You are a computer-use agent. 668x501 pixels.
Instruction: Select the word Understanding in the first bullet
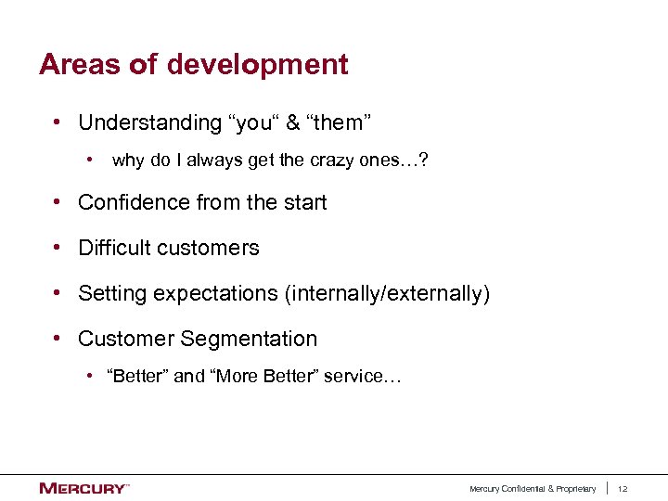tap(149, 122)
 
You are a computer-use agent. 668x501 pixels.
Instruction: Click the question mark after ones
tap(423, 161)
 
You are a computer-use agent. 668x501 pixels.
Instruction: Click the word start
tap(304, 202)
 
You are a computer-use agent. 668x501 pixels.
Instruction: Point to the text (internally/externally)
tap(387, 294)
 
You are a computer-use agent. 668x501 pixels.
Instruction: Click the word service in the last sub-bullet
tap(353, 377)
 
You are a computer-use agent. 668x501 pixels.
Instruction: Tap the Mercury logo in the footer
tap(83, 488)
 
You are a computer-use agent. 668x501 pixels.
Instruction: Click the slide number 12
tap(623, 489)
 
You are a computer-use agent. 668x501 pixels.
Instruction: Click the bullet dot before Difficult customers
tap(58, 248)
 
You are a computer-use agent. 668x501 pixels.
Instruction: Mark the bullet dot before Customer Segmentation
tap(58, 339)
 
